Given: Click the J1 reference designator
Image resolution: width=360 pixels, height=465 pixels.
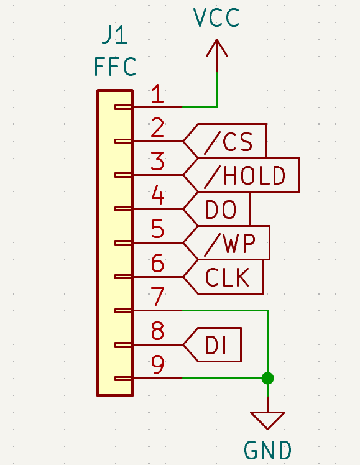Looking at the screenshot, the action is click(115, 35).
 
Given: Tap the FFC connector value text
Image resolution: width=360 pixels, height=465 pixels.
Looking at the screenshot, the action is click(115, 67).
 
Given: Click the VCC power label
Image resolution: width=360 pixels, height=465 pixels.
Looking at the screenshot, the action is click(216, 17).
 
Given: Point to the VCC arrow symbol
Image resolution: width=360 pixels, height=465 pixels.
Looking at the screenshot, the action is click(217, 55).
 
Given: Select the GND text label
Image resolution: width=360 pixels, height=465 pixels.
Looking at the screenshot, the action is click(267, 450).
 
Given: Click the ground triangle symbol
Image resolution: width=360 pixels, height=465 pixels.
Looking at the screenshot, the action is click(267, 420).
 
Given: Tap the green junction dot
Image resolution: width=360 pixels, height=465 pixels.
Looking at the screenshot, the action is click(267, 378).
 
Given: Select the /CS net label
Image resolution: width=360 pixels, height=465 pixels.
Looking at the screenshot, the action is click(225, 141).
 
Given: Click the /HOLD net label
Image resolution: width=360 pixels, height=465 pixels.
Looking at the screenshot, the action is click(241, 175).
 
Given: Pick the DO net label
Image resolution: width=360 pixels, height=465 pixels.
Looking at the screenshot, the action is click(217, 209).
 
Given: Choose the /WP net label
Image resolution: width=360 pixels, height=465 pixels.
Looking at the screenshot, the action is click(226, 242).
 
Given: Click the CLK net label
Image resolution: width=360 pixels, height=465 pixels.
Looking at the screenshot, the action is click(223, 277).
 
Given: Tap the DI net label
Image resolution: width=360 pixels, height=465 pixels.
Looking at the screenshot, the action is click(212, 344).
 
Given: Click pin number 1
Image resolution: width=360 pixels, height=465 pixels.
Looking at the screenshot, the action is click(157, 93).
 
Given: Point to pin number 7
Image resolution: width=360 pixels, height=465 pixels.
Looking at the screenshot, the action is click(157, 297).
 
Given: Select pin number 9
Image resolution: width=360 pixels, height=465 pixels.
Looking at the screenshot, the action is click(157, 364).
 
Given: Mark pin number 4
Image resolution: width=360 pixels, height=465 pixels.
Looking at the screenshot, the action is click(157, 195).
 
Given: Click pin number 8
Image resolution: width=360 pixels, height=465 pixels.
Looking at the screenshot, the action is click(157, 331).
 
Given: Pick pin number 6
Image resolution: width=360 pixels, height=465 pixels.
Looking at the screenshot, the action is click(157, 263).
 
